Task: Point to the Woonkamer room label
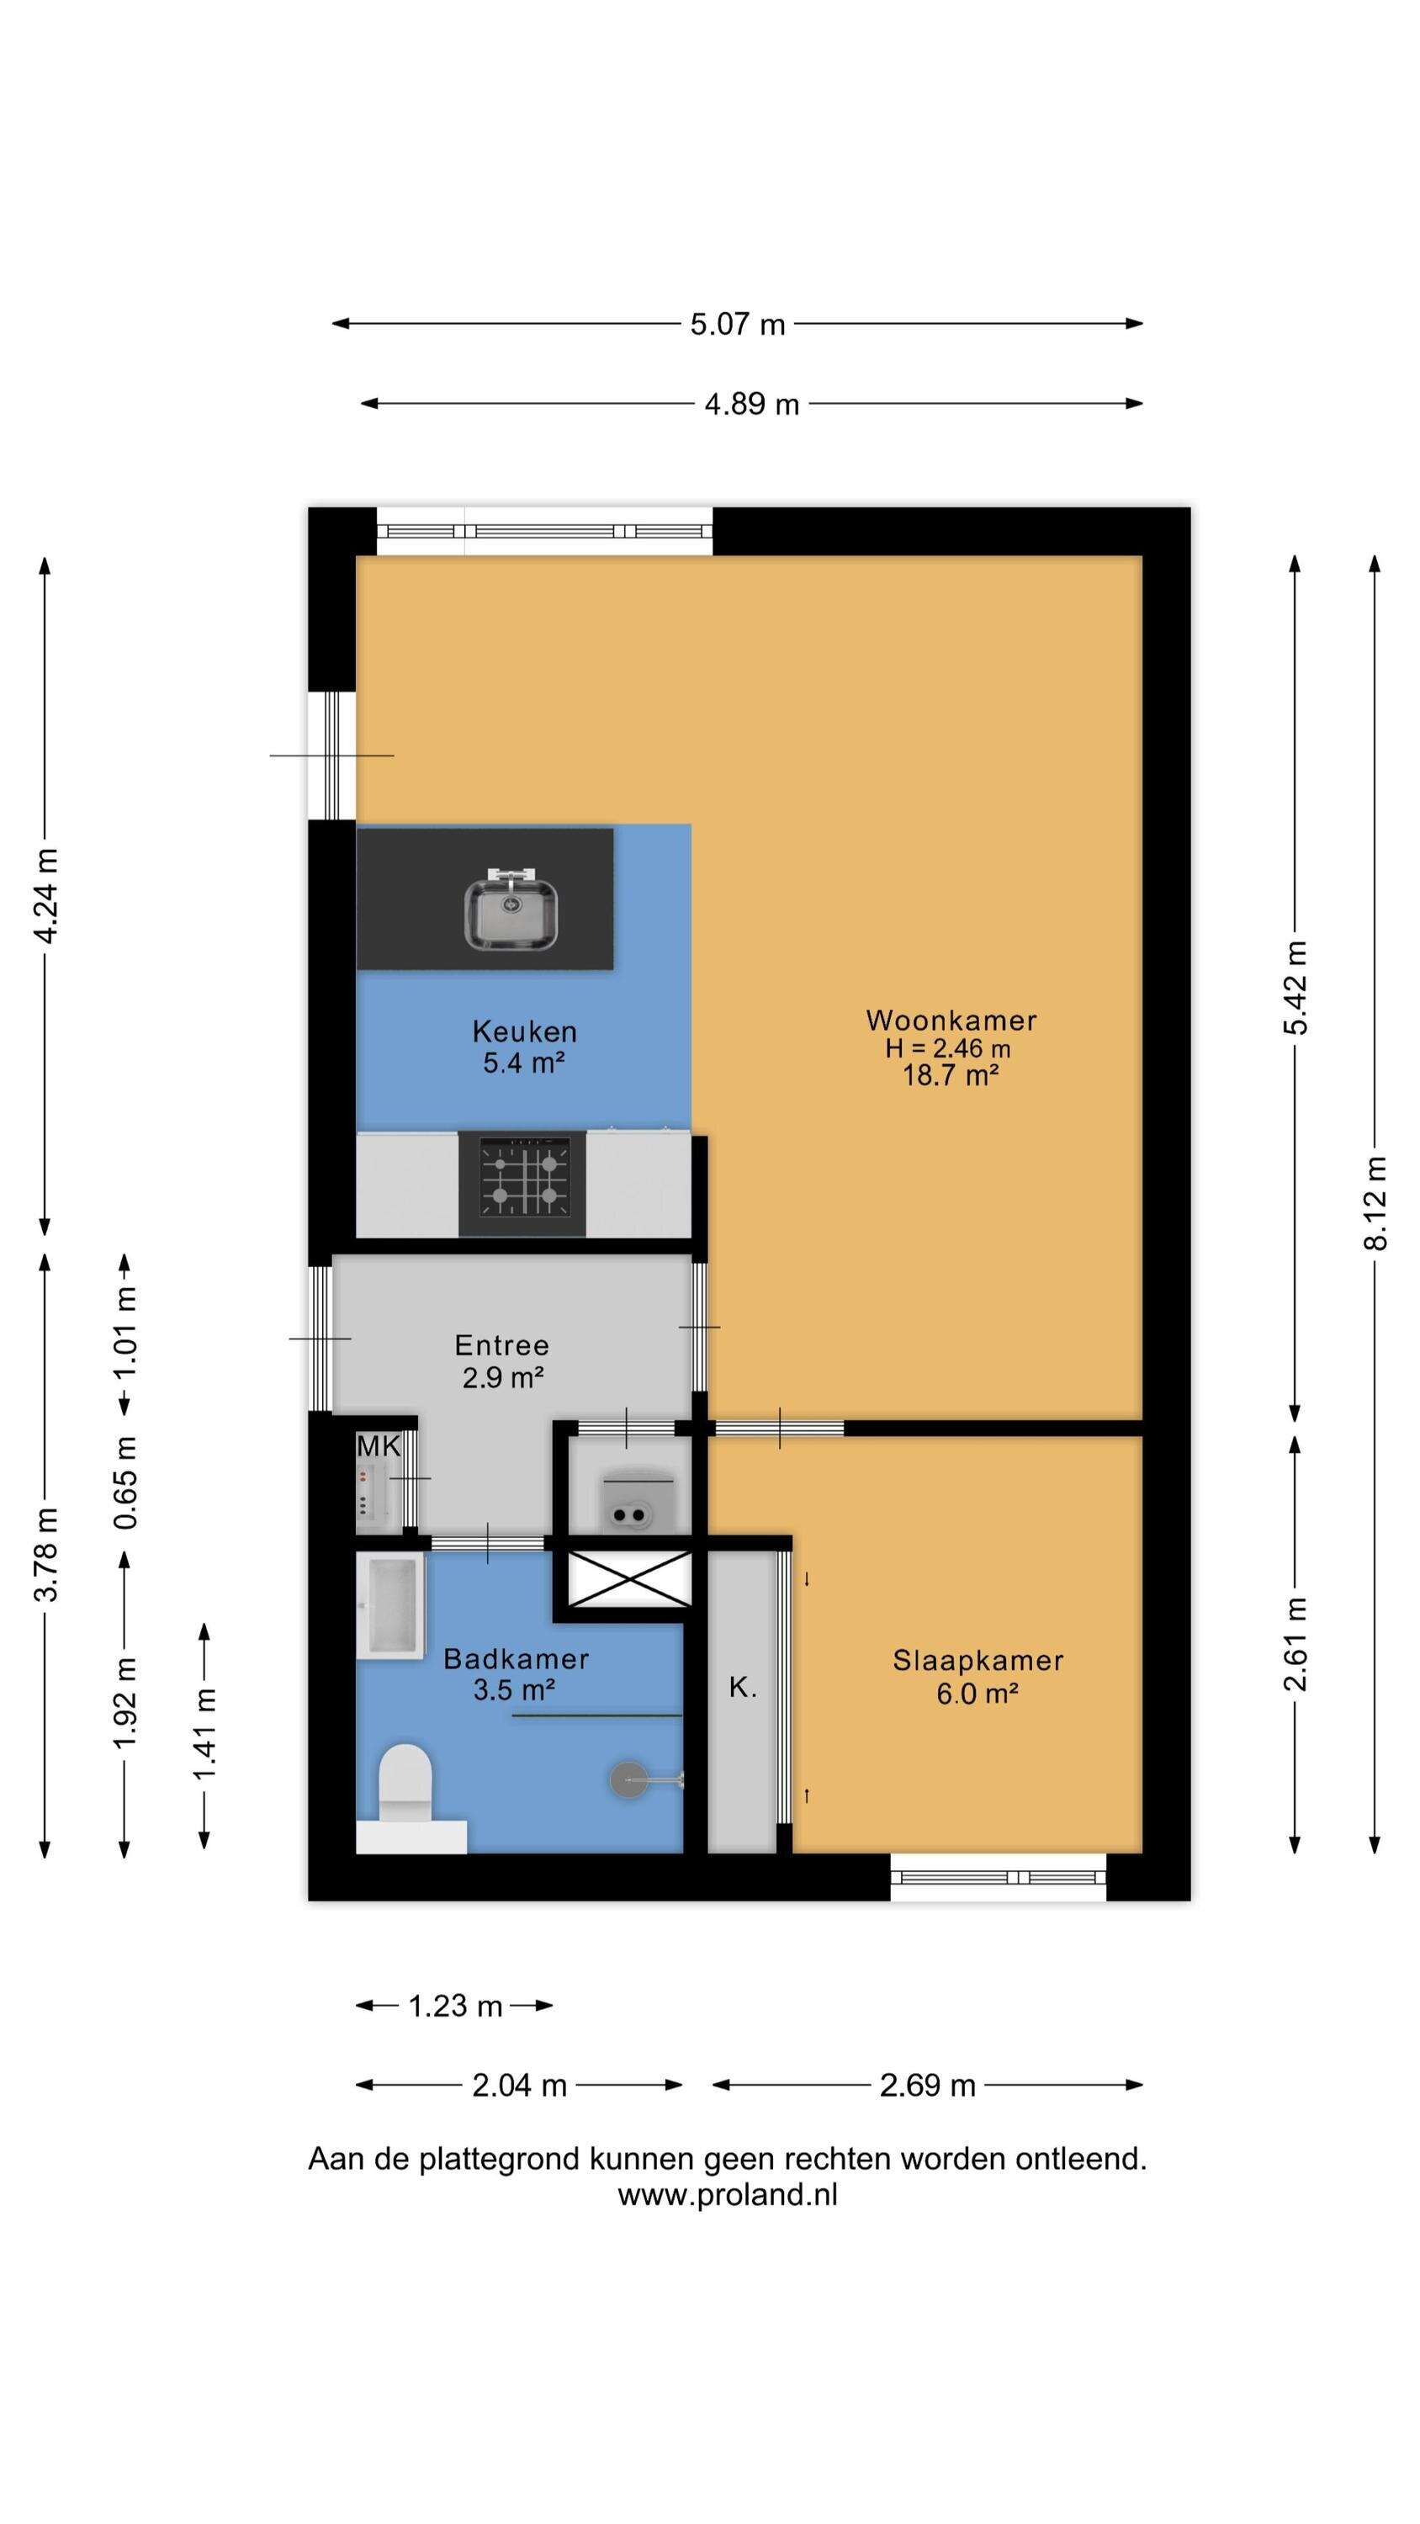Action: point(951,1020)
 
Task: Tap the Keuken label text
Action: point(524,1031)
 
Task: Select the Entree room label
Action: point(501,1344)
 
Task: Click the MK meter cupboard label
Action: point(379,1445)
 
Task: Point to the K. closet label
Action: point(743,1687)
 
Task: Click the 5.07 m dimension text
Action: point(738,324)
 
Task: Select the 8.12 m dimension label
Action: point(1375,1202)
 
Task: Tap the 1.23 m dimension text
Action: point(455,2006)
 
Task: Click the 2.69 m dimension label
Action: point(927,2085)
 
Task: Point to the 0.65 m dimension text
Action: point(125,1482)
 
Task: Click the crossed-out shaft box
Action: point(630,1578)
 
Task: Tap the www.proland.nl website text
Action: point(727,2195)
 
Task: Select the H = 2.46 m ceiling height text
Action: point(947,1048)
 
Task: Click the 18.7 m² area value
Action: point(950,1075)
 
